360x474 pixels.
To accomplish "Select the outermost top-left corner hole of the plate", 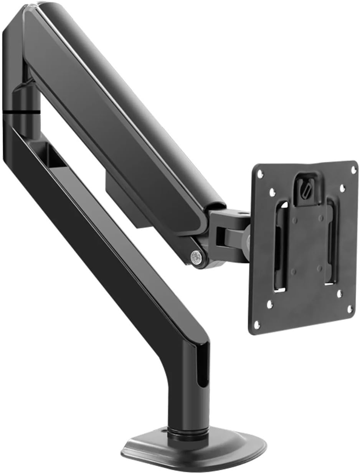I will [260, 174].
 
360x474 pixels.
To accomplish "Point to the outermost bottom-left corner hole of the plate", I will [256, 325].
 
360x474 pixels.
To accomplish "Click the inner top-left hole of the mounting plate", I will [271, 191].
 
